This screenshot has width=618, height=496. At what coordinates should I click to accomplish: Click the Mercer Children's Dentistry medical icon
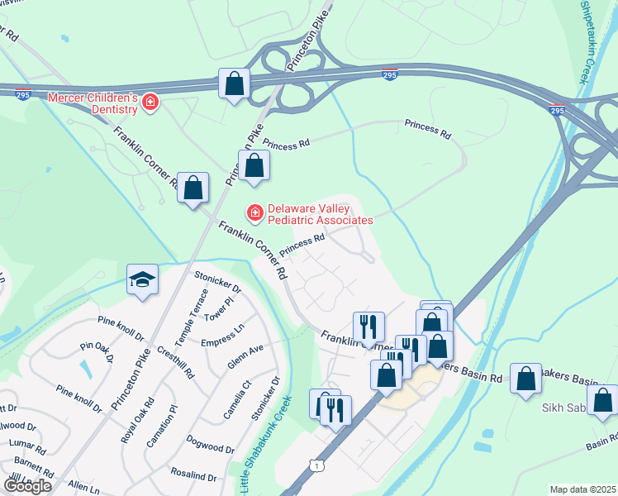coord(150,103)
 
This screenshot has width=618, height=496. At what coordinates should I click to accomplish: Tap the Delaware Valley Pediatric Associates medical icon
coord(255,213)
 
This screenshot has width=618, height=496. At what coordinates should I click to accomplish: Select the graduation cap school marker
coord(142,279)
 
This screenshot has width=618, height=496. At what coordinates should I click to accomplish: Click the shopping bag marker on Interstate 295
coord(235,83)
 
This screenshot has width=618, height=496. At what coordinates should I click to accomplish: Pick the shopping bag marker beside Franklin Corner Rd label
coord(193,187)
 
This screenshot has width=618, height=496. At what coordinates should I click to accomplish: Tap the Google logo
coord(27,486)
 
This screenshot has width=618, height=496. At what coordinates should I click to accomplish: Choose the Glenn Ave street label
coord(245,356)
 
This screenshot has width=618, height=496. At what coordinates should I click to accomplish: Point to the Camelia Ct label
coord(235,398)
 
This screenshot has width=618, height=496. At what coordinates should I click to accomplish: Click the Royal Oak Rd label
coord(138,420)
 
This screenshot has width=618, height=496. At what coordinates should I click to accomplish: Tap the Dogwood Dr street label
coord(210,442)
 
